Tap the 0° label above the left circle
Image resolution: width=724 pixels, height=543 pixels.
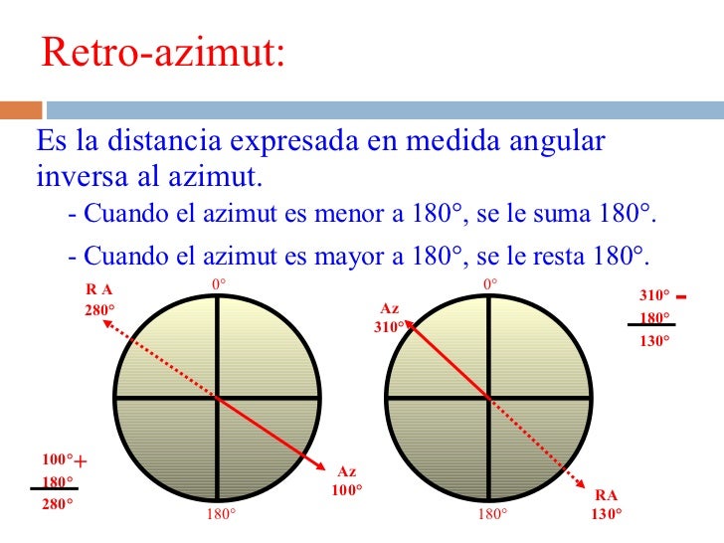pyautogui.click(x=219, y=284)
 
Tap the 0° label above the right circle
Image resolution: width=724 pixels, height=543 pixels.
pyautogui.click(x=489, y=284)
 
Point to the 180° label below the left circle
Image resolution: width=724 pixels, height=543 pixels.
pyautogui.click(x=221, y=514)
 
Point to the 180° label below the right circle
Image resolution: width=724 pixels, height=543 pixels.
pyautogui.click(x=491, y=514)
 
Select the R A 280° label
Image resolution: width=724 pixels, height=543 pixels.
pyautogui.click(x=99, y=299)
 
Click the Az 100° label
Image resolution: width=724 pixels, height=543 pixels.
pyautogui.click(x=347, y=481)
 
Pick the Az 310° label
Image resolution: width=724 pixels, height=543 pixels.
pyautogui.click(x=389, y=317)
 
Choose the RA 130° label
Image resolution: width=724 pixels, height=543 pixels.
pyautogui.click(x=606, y=504)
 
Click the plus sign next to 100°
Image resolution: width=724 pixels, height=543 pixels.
pyautogui.click(x=81, y=461)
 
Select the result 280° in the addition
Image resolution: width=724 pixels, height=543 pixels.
pyautogui.click(x=58, y=503)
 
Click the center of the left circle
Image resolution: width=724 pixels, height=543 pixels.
pyautogui.click(x=217, y=398)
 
